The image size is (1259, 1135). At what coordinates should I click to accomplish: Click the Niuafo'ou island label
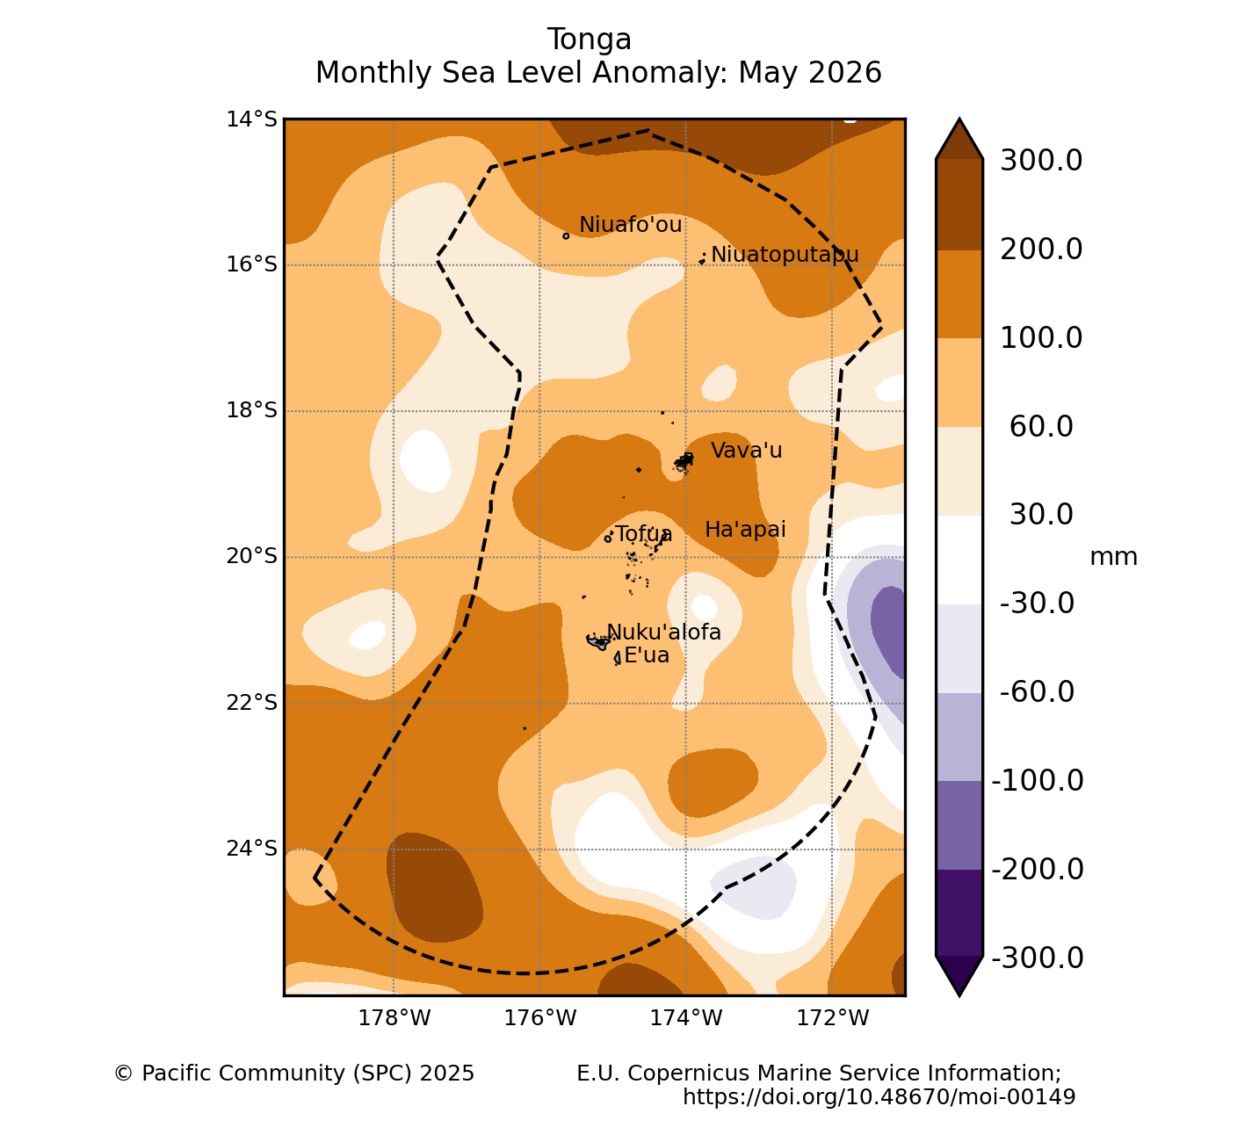(x=630, y=225)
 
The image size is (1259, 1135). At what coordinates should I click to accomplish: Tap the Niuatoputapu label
(x=785, y=255)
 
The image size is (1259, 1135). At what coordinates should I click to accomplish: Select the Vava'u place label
(x=746, y=451)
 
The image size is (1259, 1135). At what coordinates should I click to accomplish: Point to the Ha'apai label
(x=745, y=530)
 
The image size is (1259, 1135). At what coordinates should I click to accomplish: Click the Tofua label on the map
(x=643, y=534)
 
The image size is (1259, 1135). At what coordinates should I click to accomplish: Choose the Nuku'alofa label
(x=664, y=633)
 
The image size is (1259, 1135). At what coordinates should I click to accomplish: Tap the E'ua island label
(x=647, y=655)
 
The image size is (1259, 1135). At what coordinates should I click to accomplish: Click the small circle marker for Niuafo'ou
(x=566, y=236)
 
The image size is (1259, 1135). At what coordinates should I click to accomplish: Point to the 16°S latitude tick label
(x=251, y=264)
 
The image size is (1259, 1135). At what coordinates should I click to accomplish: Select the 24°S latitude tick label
(x=251, y=849)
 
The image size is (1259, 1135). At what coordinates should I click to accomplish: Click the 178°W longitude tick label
(x=394, y=1018)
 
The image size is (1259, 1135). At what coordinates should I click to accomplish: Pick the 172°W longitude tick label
(x=832, y=1018)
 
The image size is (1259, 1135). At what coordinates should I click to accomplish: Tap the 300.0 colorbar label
(x=1041, y=161)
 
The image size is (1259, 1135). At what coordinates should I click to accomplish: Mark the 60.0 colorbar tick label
(x=1041, y=427)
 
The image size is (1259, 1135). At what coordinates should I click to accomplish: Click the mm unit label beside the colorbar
(x=1113, y=558)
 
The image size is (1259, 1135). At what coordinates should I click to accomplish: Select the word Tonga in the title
(x=590, y=40)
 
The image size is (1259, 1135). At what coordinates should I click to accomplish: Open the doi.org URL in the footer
(x=879, y=1096)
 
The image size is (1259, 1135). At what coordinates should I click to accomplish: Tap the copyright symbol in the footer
(x=124, y=1074)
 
